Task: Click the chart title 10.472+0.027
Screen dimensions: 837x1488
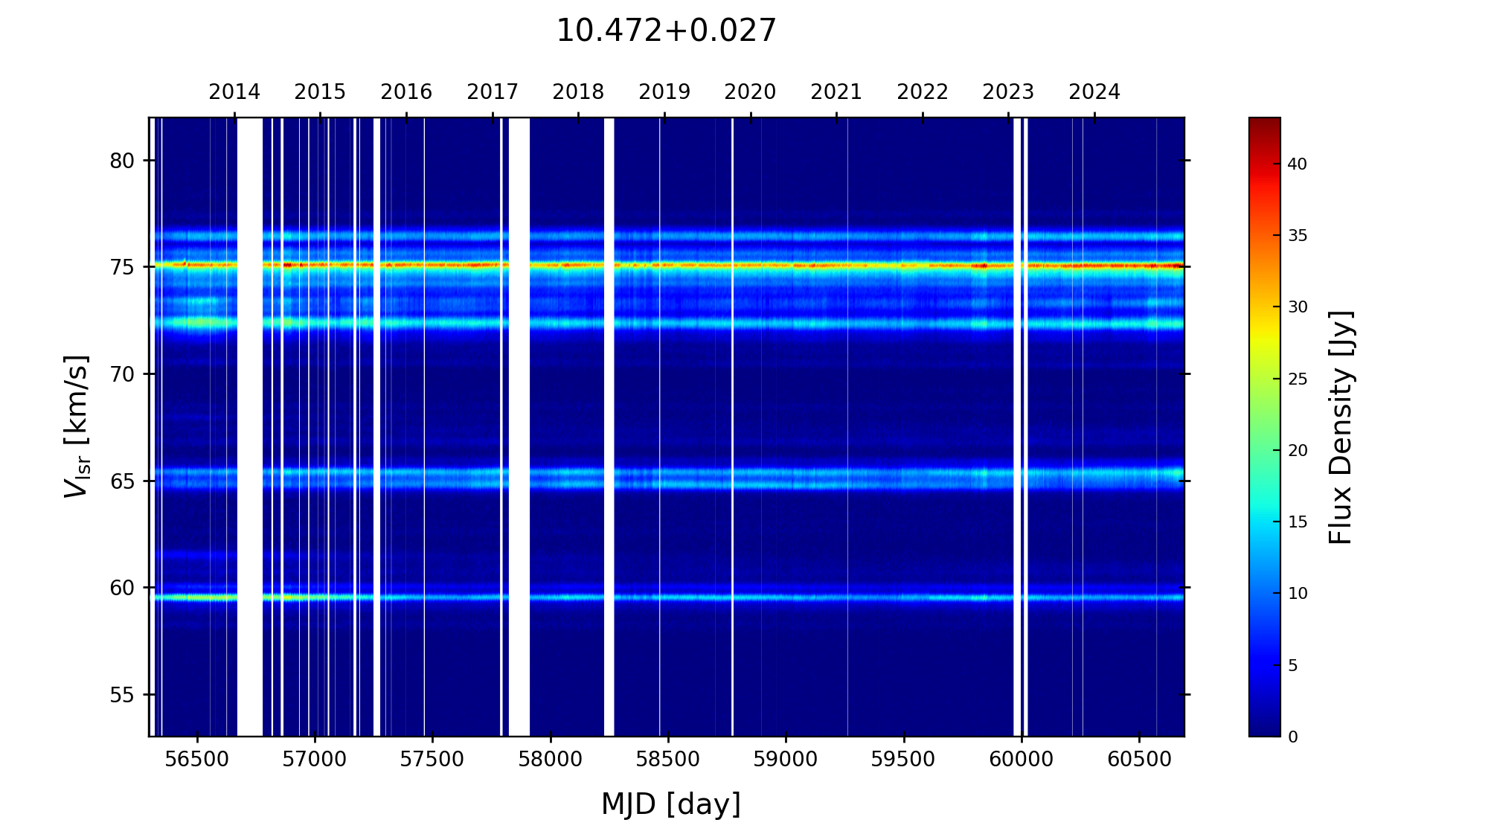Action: click(666, 31)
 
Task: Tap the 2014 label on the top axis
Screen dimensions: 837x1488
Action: click(234, 92)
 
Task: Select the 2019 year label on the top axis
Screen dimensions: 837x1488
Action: click(664, 92)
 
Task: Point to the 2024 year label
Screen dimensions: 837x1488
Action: click(1094, 92)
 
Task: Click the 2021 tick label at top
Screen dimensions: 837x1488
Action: click(836, 92)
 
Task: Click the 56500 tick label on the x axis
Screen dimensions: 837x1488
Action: click(197, 760)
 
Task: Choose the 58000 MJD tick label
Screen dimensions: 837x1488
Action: click(551, 760)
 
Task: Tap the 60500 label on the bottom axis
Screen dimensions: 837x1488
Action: click(1139, 760)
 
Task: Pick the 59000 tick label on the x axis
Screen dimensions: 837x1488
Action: click(786, 760)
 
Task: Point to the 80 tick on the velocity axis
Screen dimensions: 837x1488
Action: click(122, 161)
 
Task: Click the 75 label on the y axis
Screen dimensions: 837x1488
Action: click(122, 267)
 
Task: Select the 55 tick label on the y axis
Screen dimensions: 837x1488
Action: click(122, 695)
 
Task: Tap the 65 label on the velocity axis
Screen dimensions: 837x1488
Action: click(122, 481)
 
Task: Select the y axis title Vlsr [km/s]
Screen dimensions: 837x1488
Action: click(77, 426)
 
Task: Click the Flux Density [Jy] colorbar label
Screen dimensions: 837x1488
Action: click(1341, 427)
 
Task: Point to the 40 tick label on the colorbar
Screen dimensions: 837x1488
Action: click(1297, 164)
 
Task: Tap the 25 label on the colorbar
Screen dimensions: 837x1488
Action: click(1297, 379)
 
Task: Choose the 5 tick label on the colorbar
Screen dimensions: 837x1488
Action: click(1292, 666)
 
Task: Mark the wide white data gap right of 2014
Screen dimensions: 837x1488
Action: click(250, 426)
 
